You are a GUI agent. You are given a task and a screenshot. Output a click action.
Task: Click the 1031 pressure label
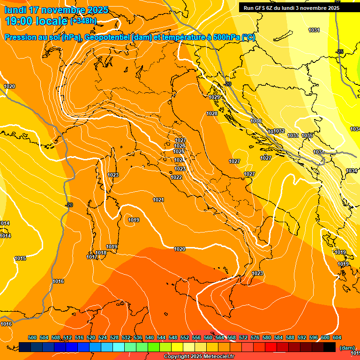point(314,30)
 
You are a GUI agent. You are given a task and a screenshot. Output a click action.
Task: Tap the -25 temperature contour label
point(340,52)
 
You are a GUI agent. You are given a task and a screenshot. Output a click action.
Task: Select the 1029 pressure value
point(214,97)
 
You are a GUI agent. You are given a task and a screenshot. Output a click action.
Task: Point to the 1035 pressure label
point(307,135)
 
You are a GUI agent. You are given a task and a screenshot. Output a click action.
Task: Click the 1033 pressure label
point(293,135)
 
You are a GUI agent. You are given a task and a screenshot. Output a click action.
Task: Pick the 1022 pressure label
point(176,177)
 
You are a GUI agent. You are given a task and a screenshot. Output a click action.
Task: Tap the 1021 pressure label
point(158,200)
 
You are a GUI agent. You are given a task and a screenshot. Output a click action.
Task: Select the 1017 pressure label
point(92,257)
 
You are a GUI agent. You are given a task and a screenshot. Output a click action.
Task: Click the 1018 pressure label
point(101,253)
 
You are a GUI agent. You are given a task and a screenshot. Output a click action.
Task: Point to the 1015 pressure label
point(20,258)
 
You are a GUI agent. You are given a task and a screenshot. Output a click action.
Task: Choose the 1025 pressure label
point(179,151)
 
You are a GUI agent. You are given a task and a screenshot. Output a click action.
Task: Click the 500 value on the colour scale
point(32,337)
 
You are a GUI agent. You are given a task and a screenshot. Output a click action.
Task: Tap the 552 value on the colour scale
point(185,337)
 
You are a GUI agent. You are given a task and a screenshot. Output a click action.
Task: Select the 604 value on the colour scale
point(337,337)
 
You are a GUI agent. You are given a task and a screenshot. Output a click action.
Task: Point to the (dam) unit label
point(347,348)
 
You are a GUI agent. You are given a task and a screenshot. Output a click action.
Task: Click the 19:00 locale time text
point(36,21)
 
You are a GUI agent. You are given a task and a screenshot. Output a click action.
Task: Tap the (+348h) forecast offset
point(83,21)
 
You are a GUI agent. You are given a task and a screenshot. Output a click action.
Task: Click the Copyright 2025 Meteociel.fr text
point(199,356)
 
